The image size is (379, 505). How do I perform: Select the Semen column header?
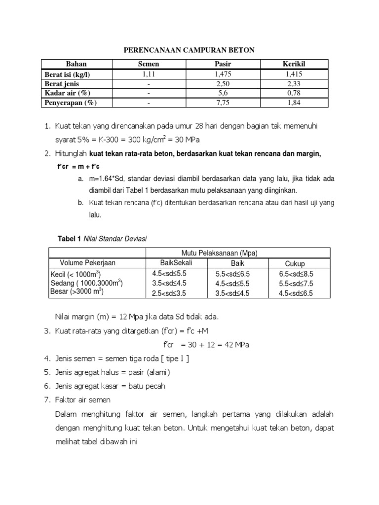click(x=148, y=65)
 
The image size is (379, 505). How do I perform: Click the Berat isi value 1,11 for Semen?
click(x=148, y=74)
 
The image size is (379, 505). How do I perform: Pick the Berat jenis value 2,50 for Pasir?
click(x=223, y=84)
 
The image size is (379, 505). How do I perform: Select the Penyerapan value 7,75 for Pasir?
click(x=223, y=103)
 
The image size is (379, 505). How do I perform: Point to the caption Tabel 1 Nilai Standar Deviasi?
click(x=103, y=238)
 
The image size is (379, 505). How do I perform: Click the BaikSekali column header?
click(x=169, y=262)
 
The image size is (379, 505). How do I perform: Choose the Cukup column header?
click(x=295, y=263)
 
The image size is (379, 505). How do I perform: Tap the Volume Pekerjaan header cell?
click(x=88, y=262)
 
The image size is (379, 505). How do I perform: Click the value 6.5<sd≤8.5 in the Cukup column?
click(x=297, y=273)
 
